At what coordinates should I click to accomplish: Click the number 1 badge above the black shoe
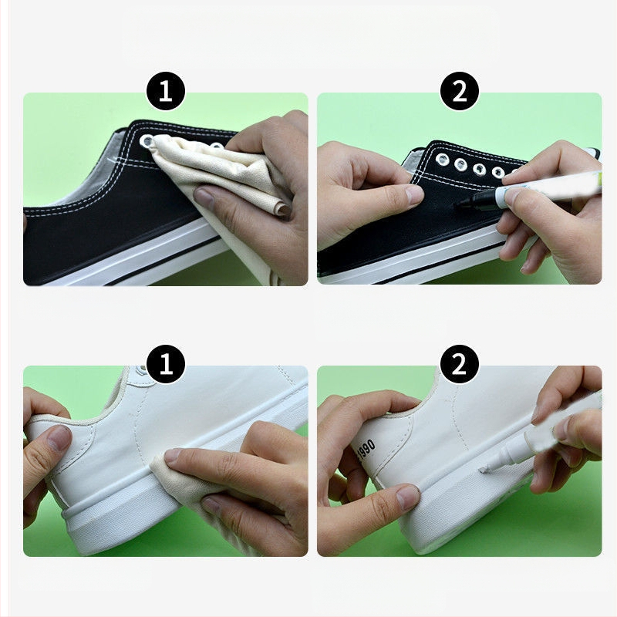[166, 91]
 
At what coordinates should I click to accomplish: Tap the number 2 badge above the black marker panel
[459, 91]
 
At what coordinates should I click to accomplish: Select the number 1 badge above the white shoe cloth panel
[166, 364]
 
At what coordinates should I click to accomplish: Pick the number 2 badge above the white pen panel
[459, 364]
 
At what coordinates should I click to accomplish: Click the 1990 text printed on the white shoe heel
[366, 449]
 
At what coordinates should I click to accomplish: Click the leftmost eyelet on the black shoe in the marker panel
[442, 159]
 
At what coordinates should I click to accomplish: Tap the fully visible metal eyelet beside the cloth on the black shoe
[147, 140]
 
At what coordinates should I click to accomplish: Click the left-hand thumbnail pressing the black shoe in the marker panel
[413, 194]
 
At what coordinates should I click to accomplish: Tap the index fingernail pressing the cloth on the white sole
[175, 456]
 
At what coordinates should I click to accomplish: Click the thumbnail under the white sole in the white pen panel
[408, 497]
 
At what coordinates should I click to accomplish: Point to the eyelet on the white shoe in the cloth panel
[139, 369]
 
